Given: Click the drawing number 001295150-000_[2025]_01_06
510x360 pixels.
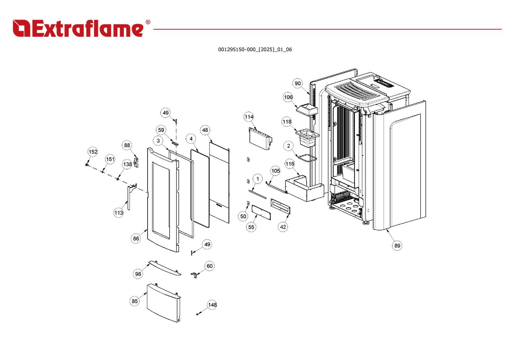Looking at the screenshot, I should tap(255, 50).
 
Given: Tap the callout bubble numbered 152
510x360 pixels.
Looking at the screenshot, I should tap(93, 152).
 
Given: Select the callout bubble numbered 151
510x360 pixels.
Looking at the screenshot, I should tap(110, 159).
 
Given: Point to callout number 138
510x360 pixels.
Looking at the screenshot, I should tap(127, 164).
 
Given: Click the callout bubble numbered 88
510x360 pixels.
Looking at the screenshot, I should tap(127, 145).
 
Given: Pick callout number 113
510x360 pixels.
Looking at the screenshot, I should tap(119, 213).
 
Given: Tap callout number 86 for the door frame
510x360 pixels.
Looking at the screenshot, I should tap(136, 238).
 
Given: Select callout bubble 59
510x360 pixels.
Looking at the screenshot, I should tap(161, 130).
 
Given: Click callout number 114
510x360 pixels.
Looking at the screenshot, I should tap(249, 117).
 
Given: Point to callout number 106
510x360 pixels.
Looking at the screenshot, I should tap(288, 97).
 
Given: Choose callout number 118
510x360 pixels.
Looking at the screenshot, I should tap(287, 122).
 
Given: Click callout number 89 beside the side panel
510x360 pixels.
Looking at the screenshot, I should tap(397, 245).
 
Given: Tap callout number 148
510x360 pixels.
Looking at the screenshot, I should tap(212, 305).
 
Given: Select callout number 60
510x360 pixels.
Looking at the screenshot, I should tap(209, 266).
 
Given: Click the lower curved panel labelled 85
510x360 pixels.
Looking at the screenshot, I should tap(163, 303).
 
